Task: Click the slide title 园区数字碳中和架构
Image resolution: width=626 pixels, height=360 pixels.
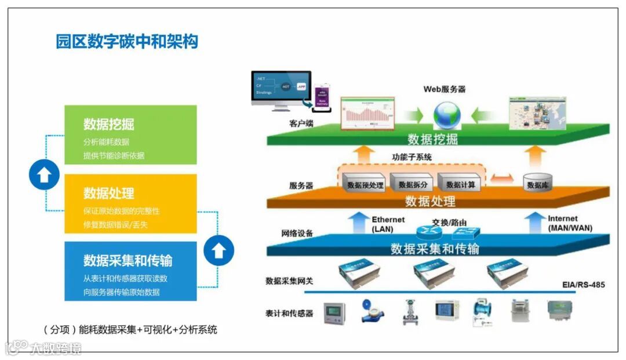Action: coord(126,42)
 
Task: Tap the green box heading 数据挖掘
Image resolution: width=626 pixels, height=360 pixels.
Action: coord(108,123)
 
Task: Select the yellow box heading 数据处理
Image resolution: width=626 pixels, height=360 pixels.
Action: coord(108,192)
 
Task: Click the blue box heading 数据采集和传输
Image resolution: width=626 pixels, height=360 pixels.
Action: coord(128,260)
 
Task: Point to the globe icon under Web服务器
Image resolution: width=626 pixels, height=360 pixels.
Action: coord(447,115)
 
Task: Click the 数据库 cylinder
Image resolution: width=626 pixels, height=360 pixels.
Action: coord(537,183)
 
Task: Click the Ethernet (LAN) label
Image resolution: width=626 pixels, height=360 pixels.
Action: coord(388,224)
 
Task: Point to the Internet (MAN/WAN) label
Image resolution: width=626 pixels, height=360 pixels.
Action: coord(569,223)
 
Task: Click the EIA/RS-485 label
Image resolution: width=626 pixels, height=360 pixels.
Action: coord(583,285)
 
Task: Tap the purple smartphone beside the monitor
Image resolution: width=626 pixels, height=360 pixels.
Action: coord(322,100)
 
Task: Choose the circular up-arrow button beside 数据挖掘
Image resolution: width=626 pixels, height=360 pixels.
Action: coord(45,175)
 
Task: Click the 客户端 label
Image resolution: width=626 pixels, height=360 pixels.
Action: coord(301,123)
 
